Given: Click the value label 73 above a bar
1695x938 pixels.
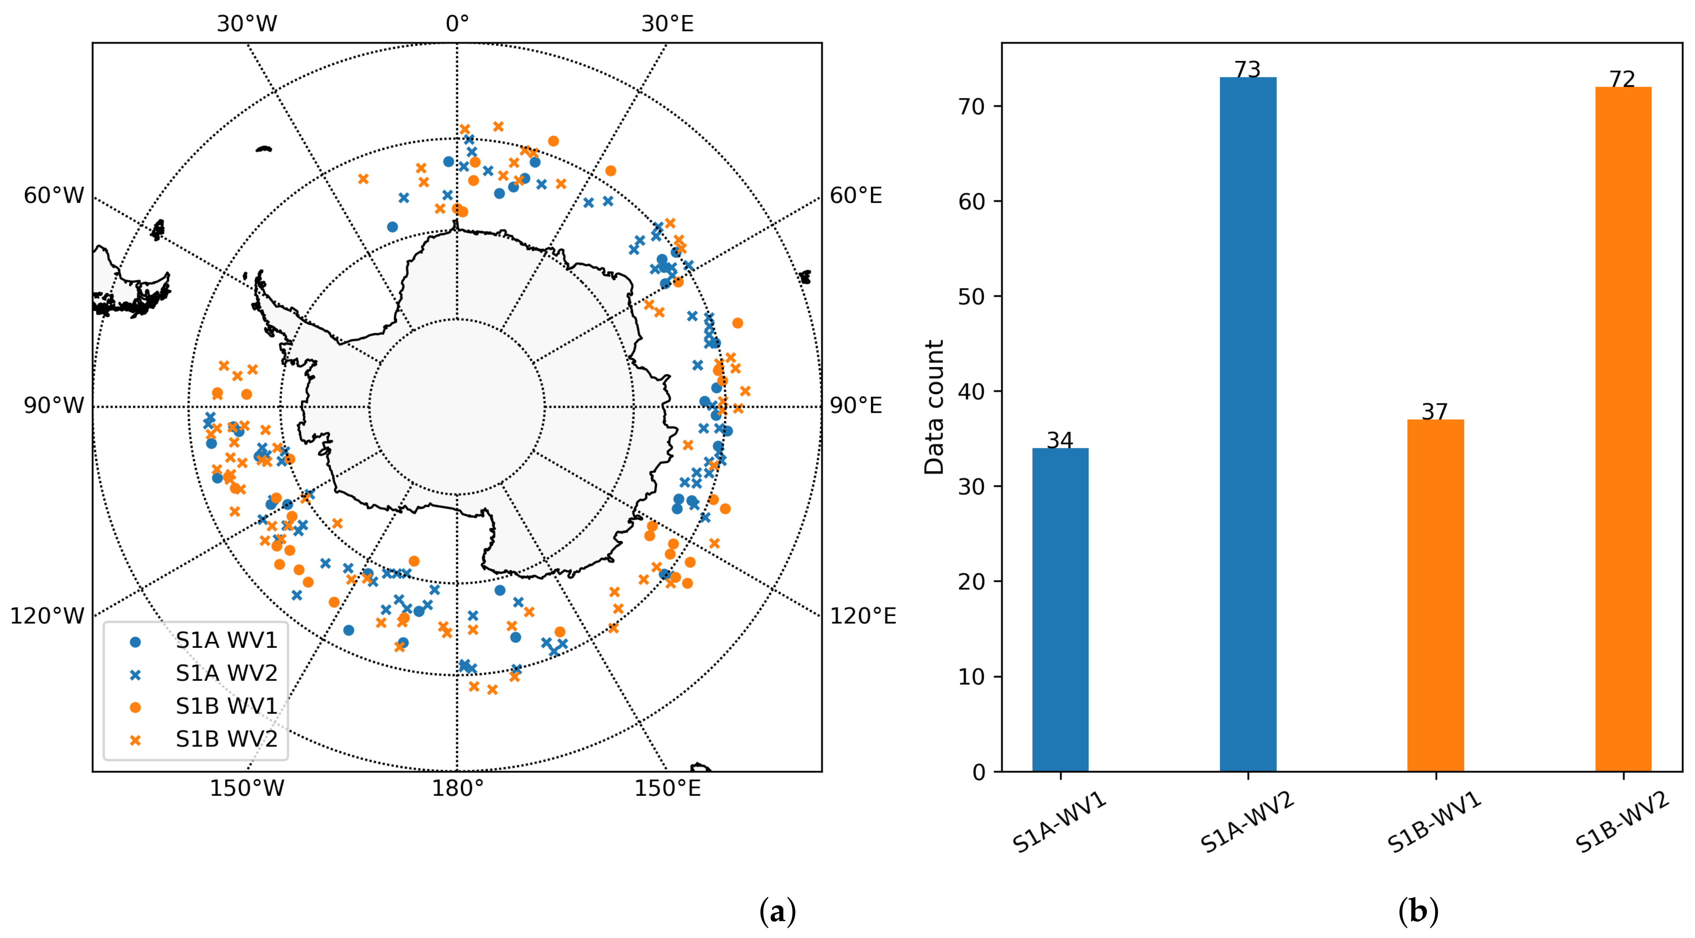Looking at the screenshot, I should pos(1247,69).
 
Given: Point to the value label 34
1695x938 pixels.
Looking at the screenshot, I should pos(1060,440).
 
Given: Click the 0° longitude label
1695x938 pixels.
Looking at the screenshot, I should pos(457,24).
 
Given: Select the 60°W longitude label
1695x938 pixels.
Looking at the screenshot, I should pos(54,195).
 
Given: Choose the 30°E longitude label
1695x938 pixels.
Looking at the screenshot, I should pos(667,24).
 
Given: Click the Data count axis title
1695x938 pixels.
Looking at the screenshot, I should pos(934,407).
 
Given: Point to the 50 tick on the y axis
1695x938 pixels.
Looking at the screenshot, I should pos(971,297).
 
